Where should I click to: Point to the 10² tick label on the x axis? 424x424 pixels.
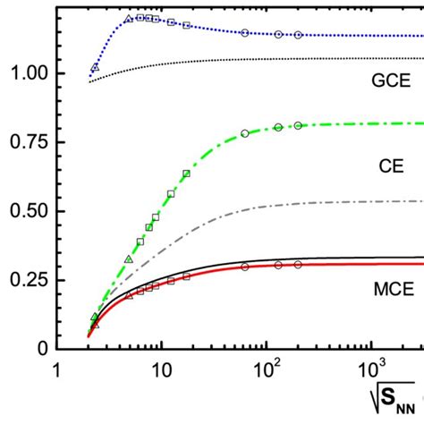(x=267, y=368)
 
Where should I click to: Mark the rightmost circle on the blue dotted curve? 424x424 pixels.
(x=299, y=35)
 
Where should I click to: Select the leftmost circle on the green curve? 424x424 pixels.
(x=245, y=133)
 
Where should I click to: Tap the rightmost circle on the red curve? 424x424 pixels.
(x=299, y=265)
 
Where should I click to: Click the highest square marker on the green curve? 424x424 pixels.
(x=186, y=174)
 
